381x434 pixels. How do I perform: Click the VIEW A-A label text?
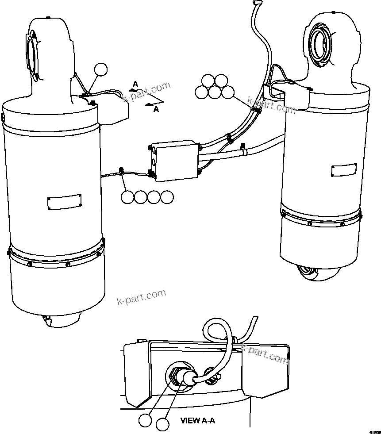(197, 421)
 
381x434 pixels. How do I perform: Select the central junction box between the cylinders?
(175, 160)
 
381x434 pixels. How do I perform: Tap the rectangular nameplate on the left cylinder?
(64, 202)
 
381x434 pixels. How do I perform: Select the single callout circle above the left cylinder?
(101, 69)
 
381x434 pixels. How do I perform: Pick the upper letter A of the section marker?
(135, 83)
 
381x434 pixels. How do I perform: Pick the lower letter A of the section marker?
(156, 109)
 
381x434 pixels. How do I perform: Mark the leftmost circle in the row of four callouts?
(127, 197)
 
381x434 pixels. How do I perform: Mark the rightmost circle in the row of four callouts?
(167, 197)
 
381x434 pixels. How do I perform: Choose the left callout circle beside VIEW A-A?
(144, 421)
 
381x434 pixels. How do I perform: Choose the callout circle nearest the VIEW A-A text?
(162, 425)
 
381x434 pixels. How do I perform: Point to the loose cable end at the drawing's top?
(255, 4)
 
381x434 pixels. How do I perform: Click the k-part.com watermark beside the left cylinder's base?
(141, 297)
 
